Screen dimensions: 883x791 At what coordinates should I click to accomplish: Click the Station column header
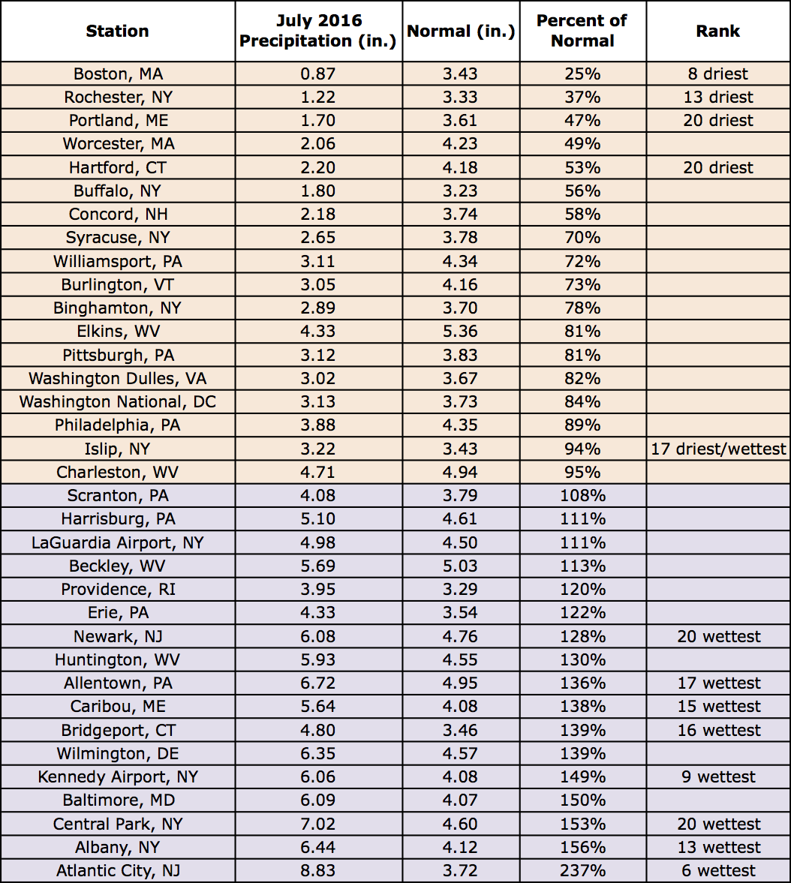point(118,31)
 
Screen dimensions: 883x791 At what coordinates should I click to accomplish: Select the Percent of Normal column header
point(582,31)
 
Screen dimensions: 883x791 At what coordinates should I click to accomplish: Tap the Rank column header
point(718,31)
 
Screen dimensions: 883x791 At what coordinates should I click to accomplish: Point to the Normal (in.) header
point(461,32)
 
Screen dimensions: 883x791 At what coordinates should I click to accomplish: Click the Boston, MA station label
point(118,74)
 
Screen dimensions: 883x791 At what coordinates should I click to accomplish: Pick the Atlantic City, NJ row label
point(118,870)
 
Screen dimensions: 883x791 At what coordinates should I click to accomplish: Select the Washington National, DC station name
point(118,401)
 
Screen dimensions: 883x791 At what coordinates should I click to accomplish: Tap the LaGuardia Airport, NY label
point(118,542)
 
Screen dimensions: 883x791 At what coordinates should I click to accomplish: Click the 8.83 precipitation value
point(318,870)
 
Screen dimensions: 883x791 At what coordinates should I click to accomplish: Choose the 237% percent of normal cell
point(582,870)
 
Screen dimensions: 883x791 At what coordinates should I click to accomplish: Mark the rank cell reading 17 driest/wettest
point(718,449)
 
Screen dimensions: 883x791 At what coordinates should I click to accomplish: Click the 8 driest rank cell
point(718,74)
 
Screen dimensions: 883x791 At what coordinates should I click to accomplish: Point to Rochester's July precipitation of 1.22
point(318,97)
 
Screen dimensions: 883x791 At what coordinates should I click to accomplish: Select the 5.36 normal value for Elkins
point(461,331)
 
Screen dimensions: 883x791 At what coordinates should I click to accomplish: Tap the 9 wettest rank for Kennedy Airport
point(718,776)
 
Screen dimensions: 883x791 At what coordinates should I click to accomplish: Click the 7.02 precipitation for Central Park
point(318,824)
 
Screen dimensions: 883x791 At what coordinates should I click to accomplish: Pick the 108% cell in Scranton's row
point(582,495)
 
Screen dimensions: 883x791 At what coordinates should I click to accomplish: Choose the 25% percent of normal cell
point(582,74)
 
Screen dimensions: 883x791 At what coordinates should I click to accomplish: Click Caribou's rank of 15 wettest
point(718,706)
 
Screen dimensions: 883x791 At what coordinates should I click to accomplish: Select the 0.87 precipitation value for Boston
point(318,74)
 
